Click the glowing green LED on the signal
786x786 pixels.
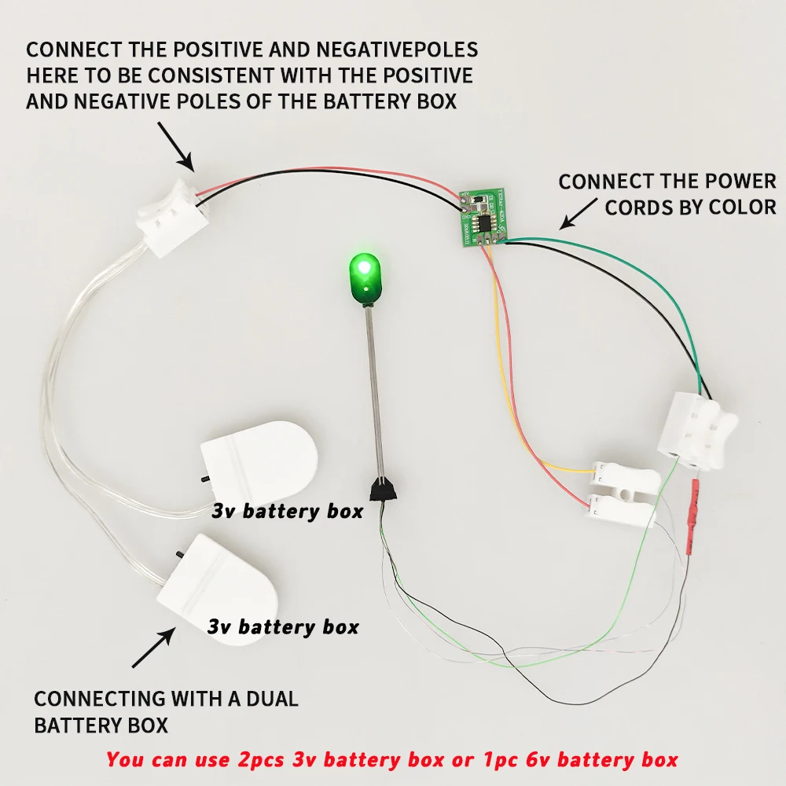(x=362, y=269)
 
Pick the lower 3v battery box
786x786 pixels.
(x=218, y=581)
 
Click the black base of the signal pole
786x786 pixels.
(x=385, y=490)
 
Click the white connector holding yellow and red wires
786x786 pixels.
(x=621, y=492)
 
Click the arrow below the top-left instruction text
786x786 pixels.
(x=176, y=145)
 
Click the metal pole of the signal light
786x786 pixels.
(x=374, y=393)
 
